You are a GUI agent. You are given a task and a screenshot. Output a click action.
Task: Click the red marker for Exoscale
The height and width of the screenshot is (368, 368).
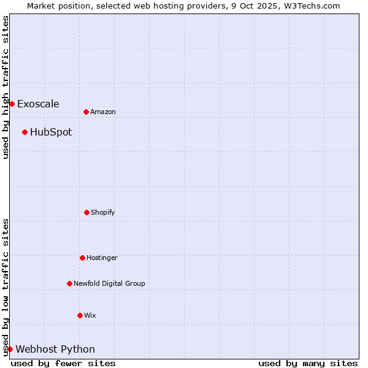(x=12, y=104)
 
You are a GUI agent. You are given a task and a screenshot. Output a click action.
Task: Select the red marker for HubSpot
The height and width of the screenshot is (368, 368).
(x=25, y=132)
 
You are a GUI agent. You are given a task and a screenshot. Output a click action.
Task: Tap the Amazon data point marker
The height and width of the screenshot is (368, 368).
(x=86, y=112)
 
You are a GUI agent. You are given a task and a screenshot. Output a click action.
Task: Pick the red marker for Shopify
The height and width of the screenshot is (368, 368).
(x=86, y=212)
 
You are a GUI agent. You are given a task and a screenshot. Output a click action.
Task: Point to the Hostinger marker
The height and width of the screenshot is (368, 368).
(x=82, y=258)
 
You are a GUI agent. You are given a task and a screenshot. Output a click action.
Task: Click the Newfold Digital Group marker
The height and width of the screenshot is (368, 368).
(x=69, y=283)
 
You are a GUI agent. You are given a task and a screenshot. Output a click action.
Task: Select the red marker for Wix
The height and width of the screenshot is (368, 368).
(x=80, y=315)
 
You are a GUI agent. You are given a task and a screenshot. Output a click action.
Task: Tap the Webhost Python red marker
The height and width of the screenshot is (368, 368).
(x=10, y=349)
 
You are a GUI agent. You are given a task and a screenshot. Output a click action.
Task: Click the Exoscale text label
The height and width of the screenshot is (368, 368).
(x=38, y=104)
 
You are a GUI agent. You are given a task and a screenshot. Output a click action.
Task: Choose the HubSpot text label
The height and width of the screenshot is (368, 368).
(x=51, y=132)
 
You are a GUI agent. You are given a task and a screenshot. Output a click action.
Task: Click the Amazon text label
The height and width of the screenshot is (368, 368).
(x=103, y=112)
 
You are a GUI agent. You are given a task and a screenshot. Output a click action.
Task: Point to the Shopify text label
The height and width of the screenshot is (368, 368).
(x=103, y=212)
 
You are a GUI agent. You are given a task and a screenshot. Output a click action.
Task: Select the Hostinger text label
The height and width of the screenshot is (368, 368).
(x=102, y=258)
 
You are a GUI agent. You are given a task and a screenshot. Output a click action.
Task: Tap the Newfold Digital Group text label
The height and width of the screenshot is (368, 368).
(x=109, y=283)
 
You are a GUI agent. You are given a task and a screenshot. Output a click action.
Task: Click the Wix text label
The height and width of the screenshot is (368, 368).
(x=90, y=315)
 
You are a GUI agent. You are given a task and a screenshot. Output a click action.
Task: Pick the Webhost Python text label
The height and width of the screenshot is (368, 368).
(x=55, y=349)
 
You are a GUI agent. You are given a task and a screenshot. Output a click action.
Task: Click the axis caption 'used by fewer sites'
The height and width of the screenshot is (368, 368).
(x=63, y=363)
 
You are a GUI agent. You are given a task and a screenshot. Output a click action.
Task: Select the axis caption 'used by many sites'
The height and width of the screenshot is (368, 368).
(x=308, y=363)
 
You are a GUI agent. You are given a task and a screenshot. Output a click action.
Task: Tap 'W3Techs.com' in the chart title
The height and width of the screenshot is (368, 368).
(x=315, y=6)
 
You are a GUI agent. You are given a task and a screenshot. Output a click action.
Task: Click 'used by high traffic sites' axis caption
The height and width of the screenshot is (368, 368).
(x=6, y=87)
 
